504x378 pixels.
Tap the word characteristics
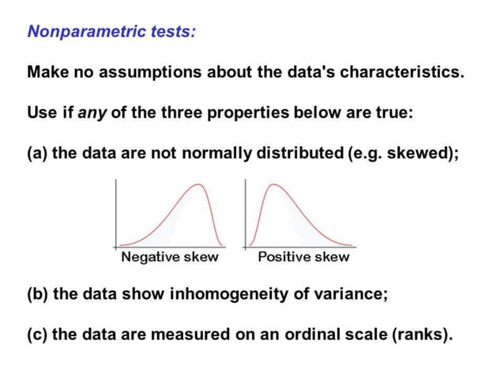click(404, 72)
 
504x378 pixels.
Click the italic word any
click(90, 112)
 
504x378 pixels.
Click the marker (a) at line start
click(37, 152)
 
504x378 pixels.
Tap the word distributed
click(299, 152)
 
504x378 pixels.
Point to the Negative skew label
click(169, 257)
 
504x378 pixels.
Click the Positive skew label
click(303, 257)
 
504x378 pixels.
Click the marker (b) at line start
click(37, 293)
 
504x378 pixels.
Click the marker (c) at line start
click(37, 334)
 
